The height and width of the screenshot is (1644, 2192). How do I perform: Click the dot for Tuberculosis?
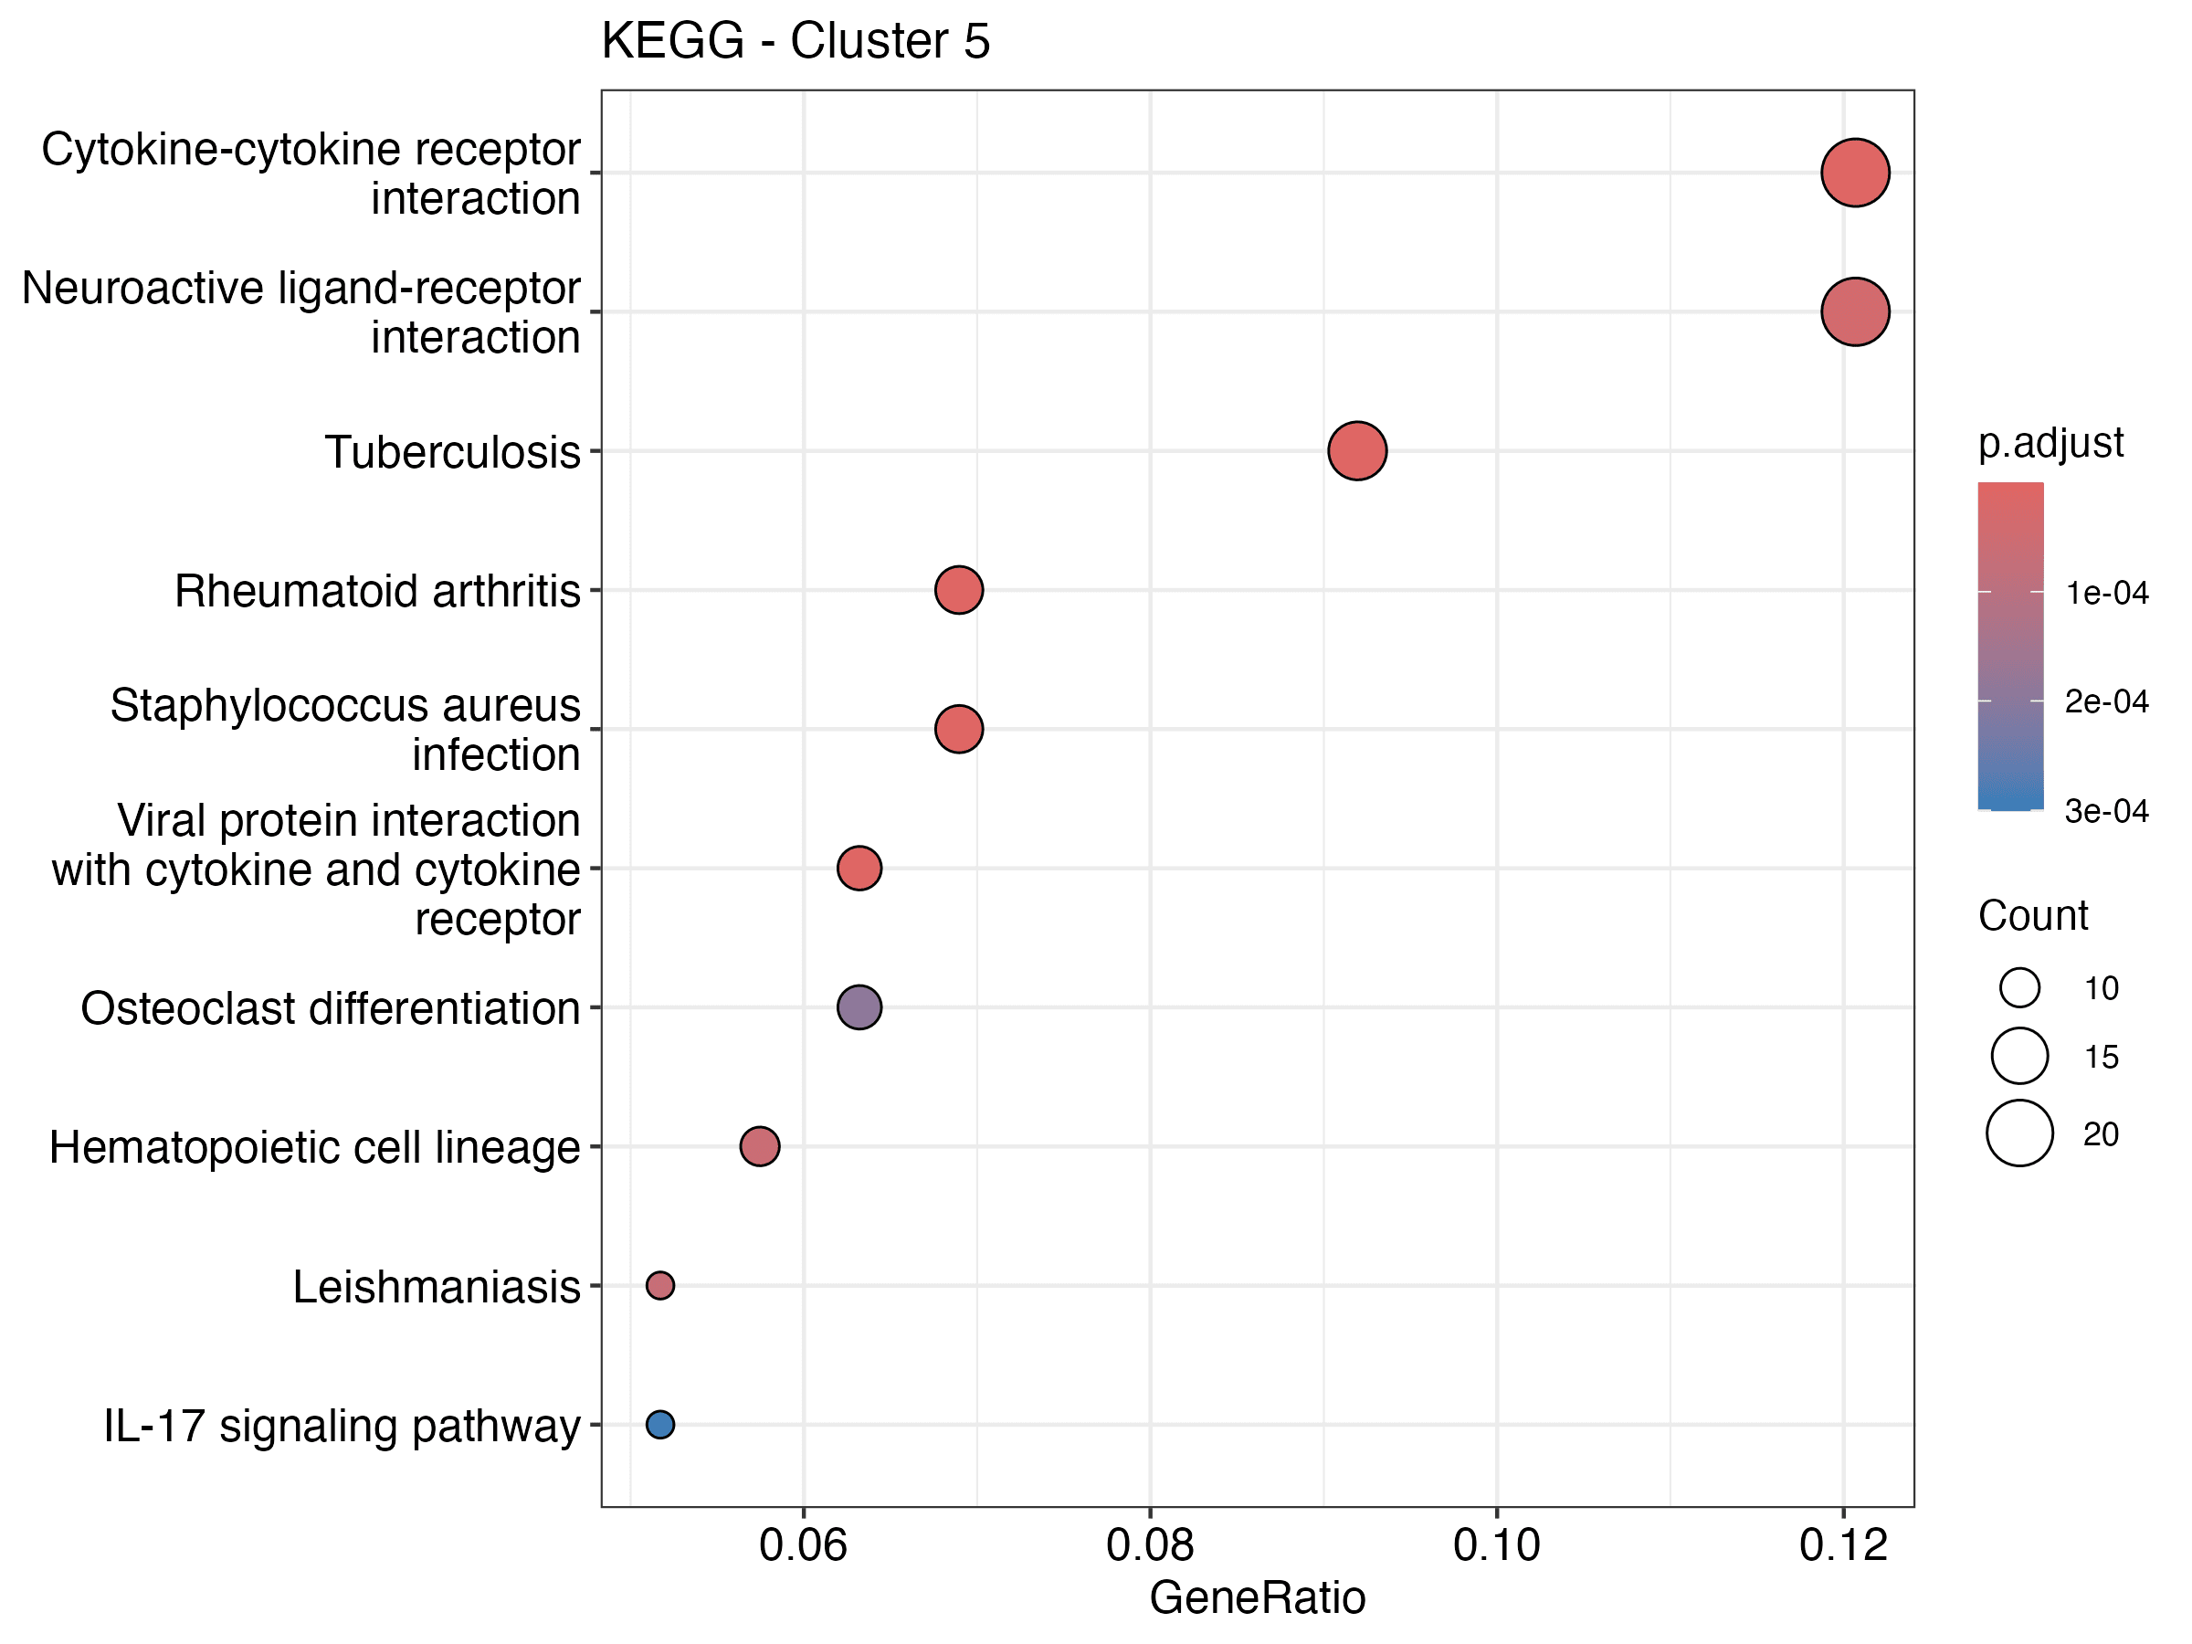point(1356,451)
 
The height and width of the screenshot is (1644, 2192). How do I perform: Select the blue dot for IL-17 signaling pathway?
point(660,1424)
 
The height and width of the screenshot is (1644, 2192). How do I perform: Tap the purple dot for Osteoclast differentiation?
point(859,1006)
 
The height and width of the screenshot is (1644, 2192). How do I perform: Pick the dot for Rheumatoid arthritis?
point(958,590)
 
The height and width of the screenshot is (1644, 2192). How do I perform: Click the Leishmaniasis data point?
point(660,1285)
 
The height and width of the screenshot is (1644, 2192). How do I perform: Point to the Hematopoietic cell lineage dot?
point(759,1146)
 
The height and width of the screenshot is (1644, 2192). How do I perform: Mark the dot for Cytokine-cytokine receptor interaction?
point(1855,173)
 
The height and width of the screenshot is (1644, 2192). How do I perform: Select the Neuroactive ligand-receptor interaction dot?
point(1855,311)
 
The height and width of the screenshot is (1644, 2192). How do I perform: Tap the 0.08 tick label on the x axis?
point(1150,1546)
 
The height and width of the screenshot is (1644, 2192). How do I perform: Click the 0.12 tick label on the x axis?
point(1843,1546)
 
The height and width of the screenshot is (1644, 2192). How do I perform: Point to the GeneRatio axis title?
point(1257,1598)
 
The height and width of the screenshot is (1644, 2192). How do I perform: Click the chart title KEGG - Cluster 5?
point(795,42)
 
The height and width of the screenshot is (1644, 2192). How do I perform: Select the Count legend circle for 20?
point(2019,1133)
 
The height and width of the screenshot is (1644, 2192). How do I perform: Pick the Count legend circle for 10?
point(2019,987)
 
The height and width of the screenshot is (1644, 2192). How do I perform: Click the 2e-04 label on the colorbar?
point(2106,701)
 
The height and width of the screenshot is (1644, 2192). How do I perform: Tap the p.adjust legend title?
point(2050,443)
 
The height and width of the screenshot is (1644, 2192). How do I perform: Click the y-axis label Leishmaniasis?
point(436,1287)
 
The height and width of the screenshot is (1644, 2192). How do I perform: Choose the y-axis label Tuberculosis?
point(452,453)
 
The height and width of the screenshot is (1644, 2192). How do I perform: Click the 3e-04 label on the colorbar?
point(2106,812)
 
